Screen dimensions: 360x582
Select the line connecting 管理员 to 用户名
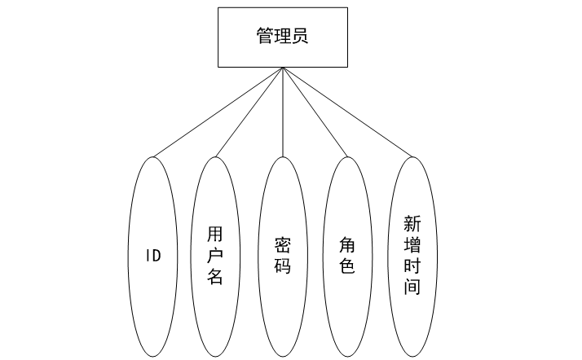coord(249,112)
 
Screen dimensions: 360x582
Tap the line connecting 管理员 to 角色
coord(315,112)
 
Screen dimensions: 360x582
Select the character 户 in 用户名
coord(215,256)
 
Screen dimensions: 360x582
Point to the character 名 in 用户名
coord(215,277)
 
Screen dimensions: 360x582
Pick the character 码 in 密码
coord(282,266)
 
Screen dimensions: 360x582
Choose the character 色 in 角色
coord(347,266)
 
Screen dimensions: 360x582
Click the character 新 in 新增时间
coord(412,223)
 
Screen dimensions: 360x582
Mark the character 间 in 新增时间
coord(412,287)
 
